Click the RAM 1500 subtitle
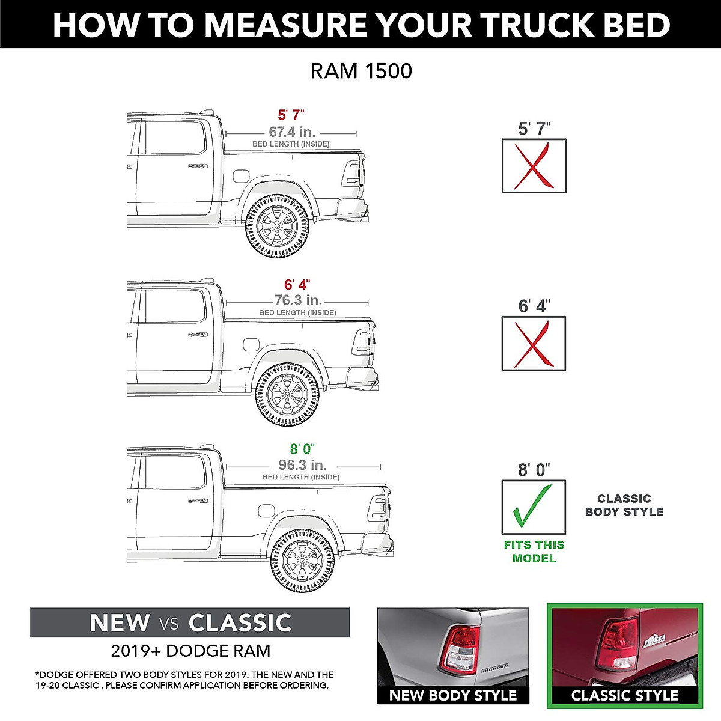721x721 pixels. click(361, 71)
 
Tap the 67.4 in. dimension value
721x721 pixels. click(292, 132)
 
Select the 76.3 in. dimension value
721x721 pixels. click(298, 300)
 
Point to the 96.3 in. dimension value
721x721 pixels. click(302, 465)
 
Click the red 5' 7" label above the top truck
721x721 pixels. click(291, 115)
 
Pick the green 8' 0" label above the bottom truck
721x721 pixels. click(302, 449)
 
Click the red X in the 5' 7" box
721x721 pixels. click(534, 166)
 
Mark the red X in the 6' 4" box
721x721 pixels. click(534, 344)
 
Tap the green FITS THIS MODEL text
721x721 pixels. click(534, 552)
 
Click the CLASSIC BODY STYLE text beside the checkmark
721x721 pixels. click(624, 505)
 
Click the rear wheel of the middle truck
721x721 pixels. click(287, 394)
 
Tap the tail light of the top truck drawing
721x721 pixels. click(351, 174)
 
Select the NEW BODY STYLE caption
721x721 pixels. click(453, 696)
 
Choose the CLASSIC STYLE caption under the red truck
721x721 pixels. click(624, 696)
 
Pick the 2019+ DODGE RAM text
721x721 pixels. click(190, 651)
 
